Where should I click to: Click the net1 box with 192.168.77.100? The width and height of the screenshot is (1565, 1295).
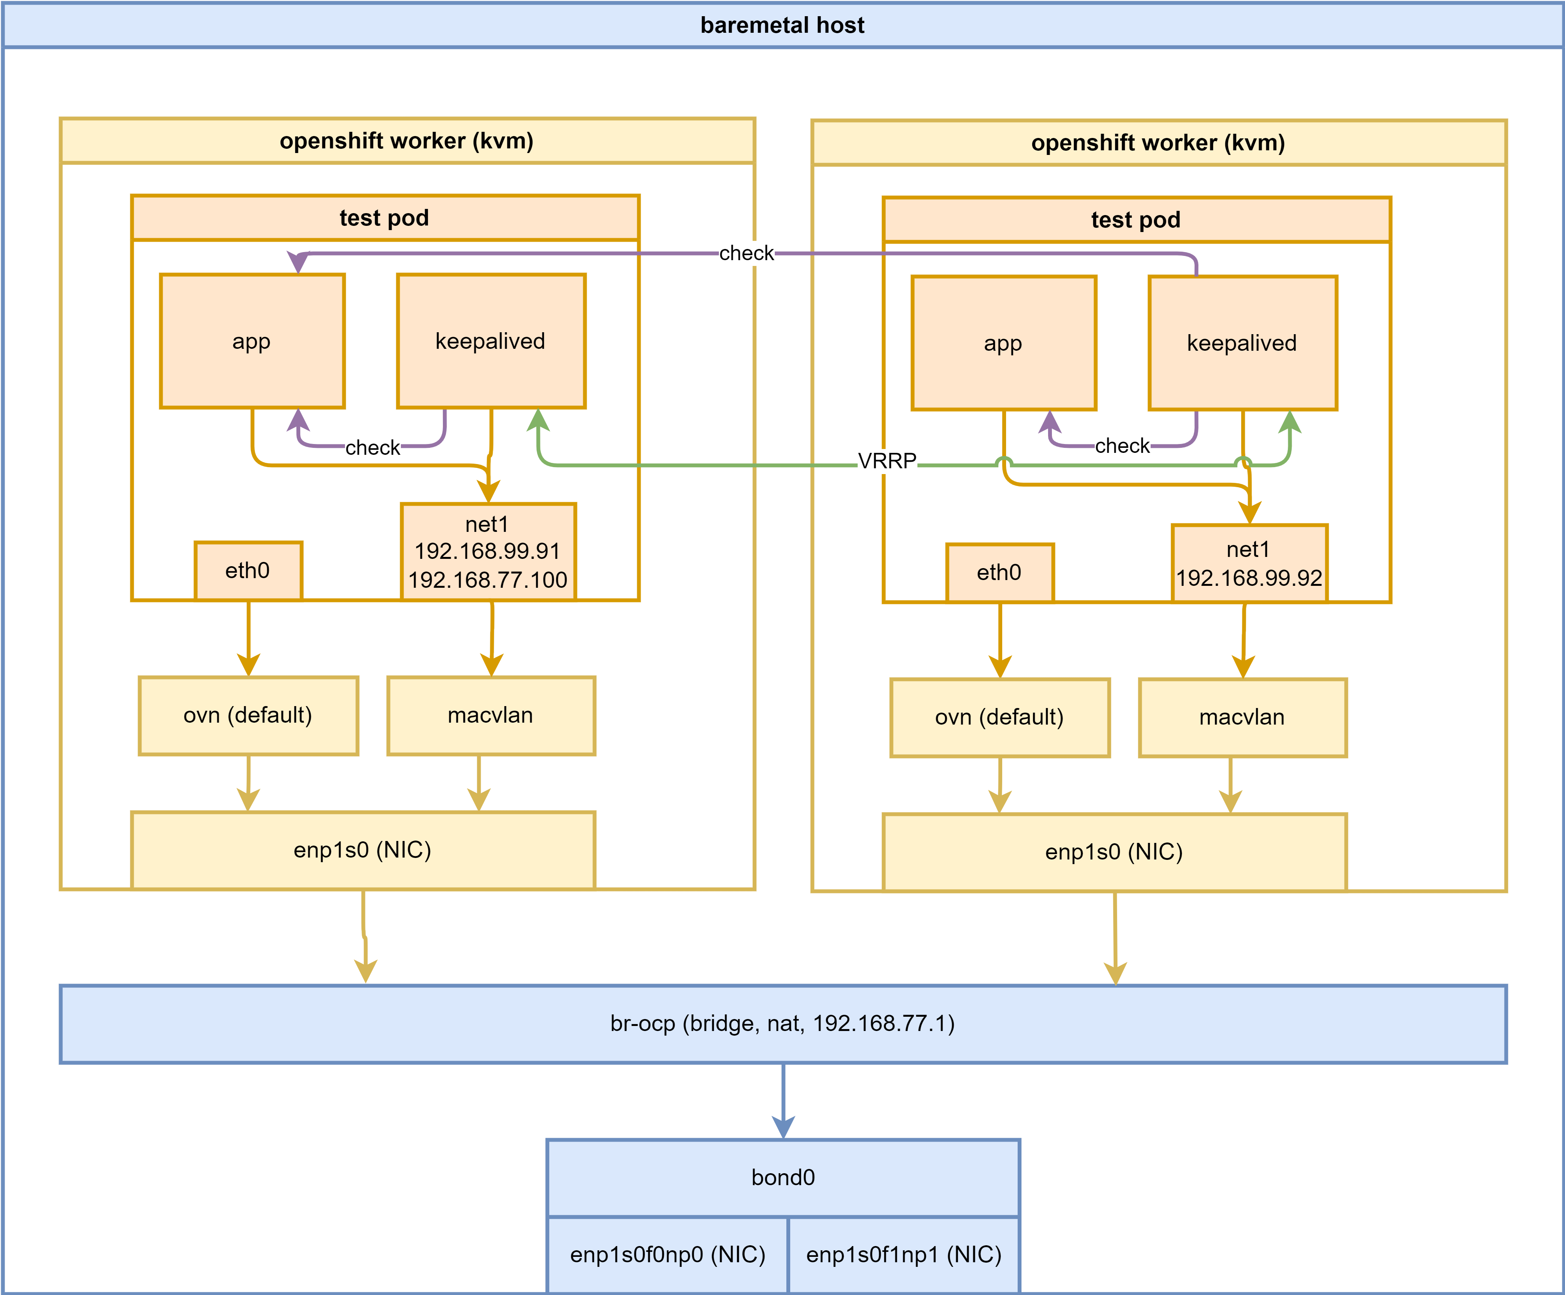(x=488, y=552)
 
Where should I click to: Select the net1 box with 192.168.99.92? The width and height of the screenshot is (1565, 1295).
(x=1249, y=563)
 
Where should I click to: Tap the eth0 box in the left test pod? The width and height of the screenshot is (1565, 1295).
(x=248, y=571)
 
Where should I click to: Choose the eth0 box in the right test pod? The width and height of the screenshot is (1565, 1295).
(x=1000, y=572)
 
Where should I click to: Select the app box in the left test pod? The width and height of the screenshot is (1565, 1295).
(x=252, y=341)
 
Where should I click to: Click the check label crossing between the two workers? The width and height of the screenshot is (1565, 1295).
(x=746, y=253)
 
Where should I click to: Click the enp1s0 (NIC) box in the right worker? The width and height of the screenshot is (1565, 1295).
(x=1114, y=852)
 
